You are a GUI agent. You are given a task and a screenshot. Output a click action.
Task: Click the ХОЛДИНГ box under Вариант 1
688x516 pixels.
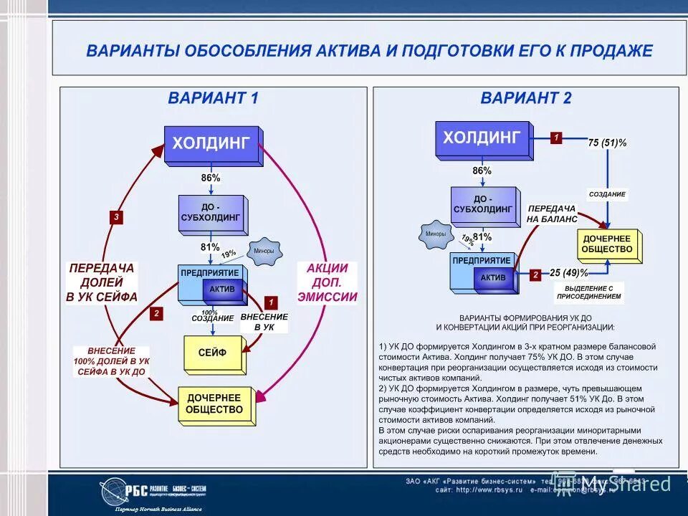(212, 143)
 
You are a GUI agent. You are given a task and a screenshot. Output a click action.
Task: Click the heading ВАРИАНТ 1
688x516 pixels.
(213, 98)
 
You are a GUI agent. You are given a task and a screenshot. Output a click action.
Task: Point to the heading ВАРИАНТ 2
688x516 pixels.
(526, 98)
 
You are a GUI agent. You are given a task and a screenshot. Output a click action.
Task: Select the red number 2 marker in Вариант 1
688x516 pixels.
(156, 313)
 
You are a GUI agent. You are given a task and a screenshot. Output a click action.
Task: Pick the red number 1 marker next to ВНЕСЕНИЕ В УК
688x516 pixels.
(270, 302)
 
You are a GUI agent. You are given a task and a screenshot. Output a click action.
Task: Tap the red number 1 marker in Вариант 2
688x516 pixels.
(556, 138)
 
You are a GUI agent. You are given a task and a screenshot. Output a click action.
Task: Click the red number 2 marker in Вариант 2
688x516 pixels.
(535, 274)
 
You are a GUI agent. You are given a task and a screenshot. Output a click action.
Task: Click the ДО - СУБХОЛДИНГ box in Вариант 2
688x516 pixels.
(483, 205)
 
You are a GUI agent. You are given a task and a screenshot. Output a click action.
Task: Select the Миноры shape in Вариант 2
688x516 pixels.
(435, 234)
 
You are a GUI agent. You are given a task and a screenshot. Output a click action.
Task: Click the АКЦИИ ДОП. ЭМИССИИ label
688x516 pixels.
(328, 282)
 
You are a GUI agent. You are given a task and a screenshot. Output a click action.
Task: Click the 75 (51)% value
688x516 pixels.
(607, 143)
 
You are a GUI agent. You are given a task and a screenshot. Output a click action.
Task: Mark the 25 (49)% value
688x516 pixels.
(569, 273)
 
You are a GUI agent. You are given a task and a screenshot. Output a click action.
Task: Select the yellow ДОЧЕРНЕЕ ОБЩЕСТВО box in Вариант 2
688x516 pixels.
(607, 244)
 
